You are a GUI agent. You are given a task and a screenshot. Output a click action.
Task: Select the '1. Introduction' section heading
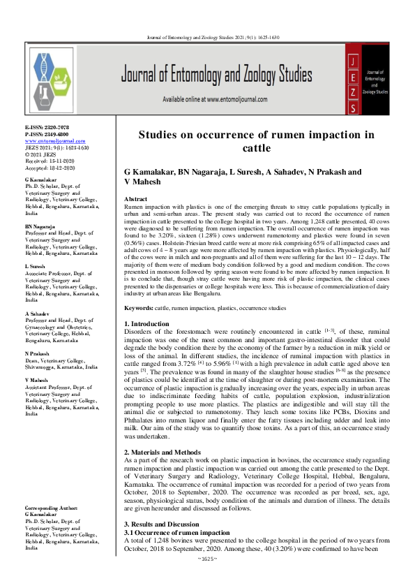coord(146,324)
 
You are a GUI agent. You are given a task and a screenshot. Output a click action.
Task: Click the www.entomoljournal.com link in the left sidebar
coord(50,140)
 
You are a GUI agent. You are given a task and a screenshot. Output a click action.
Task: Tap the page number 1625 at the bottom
coord(208,579)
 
